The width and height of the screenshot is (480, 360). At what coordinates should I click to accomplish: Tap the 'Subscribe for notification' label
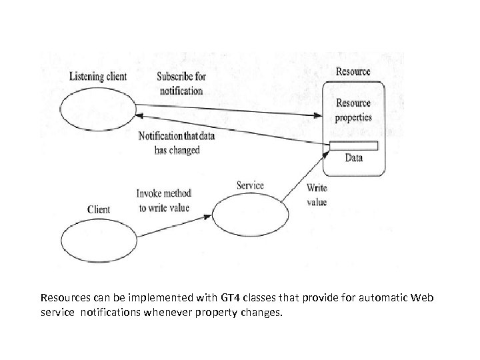[x=181, y=83]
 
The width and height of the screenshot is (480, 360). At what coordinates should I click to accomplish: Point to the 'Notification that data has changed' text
[x=176, y=143]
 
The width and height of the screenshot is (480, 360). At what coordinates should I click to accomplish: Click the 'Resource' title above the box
[x=353, y=71]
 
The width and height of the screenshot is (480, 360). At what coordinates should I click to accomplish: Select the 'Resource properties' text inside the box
[x=353, y=110]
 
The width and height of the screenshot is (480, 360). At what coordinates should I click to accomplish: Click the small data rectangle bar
[x=353, y=146]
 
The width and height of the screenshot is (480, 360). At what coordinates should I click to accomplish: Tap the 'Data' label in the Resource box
[x=354, y=158]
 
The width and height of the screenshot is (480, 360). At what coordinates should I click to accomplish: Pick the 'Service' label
[x=250, y=185]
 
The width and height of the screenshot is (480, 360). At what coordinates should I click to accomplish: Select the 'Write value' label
[x=317, y=195]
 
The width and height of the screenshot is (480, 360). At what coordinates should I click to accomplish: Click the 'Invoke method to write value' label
[x=163, y=200]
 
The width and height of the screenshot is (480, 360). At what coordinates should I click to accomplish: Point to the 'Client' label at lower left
[x=99, y=209]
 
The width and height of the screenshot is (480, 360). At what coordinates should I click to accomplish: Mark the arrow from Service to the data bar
[x=301, y=176]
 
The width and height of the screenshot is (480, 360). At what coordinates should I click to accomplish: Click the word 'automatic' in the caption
[x=377, y=297]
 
